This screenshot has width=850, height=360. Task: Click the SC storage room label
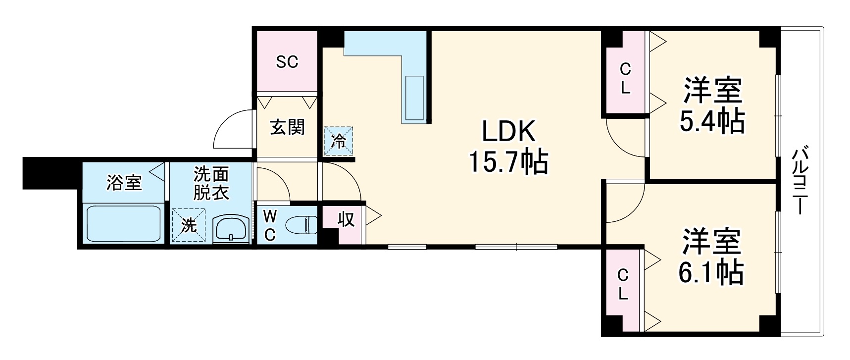tap(287, 62)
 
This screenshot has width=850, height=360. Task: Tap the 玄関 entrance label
tap(287, 128)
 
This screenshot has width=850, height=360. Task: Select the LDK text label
tap(509, 132)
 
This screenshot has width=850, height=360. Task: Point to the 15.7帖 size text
tap(509, 161)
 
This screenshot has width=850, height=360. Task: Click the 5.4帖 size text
tap(712, 120)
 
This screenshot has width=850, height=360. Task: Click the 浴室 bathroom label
tap(124, 183)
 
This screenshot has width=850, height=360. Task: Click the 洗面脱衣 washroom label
tap(211, 183)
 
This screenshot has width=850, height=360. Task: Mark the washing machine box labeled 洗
tap(188, 225)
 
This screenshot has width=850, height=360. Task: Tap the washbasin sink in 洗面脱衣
tap(232, 229)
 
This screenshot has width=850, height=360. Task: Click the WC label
tap(269, 226)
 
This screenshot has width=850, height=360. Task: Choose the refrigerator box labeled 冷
tap(339, 141)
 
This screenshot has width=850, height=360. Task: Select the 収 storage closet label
tap(346, 219)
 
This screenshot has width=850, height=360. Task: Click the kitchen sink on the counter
tap(414, 99)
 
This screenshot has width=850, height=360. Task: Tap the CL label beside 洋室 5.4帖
tap(625, 79)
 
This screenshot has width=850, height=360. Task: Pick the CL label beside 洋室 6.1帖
tap(623, 285)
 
